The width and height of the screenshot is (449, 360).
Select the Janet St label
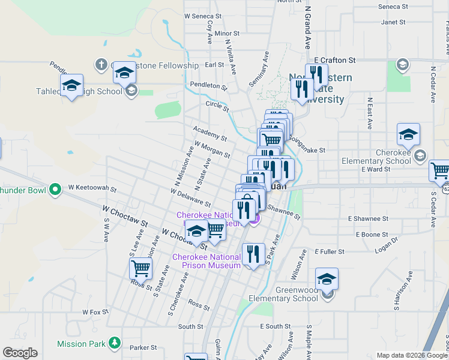point(394,22)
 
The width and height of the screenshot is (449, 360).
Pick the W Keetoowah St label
point(92,188)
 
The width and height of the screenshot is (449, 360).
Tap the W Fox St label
point(95,312)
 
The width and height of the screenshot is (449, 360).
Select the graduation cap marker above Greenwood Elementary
point(327,279)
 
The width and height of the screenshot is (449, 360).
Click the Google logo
point(20,353)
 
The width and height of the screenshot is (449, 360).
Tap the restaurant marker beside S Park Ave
point(253,254)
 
